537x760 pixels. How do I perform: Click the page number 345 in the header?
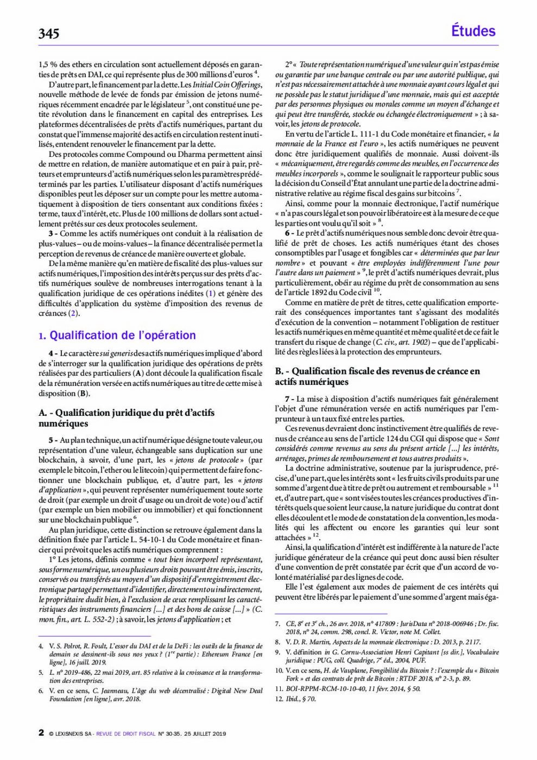click(x=49, y=34)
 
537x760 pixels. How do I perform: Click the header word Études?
click(x=473, y=31)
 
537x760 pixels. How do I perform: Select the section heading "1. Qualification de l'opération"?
click(x=117, y=335)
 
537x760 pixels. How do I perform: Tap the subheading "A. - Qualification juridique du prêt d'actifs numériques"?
click(x=126, y=418)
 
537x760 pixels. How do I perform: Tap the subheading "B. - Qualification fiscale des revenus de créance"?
click(x=377, y=376)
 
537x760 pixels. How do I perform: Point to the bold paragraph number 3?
click(x=51, y=233)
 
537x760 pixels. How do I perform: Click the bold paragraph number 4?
click(x=51, y=353)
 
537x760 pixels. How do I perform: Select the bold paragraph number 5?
click(x=51, y=440)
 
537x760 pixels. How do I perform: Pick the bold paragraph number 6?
click(x=288, y=233)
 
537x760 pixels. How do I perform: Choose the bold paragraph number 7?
click(x=288, y=399)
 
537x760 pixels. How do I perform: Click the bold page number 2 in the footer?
click(x=41, y=733)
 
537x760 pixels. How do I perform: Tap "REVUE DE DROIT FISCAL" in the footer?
click(x=125, y=734)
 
